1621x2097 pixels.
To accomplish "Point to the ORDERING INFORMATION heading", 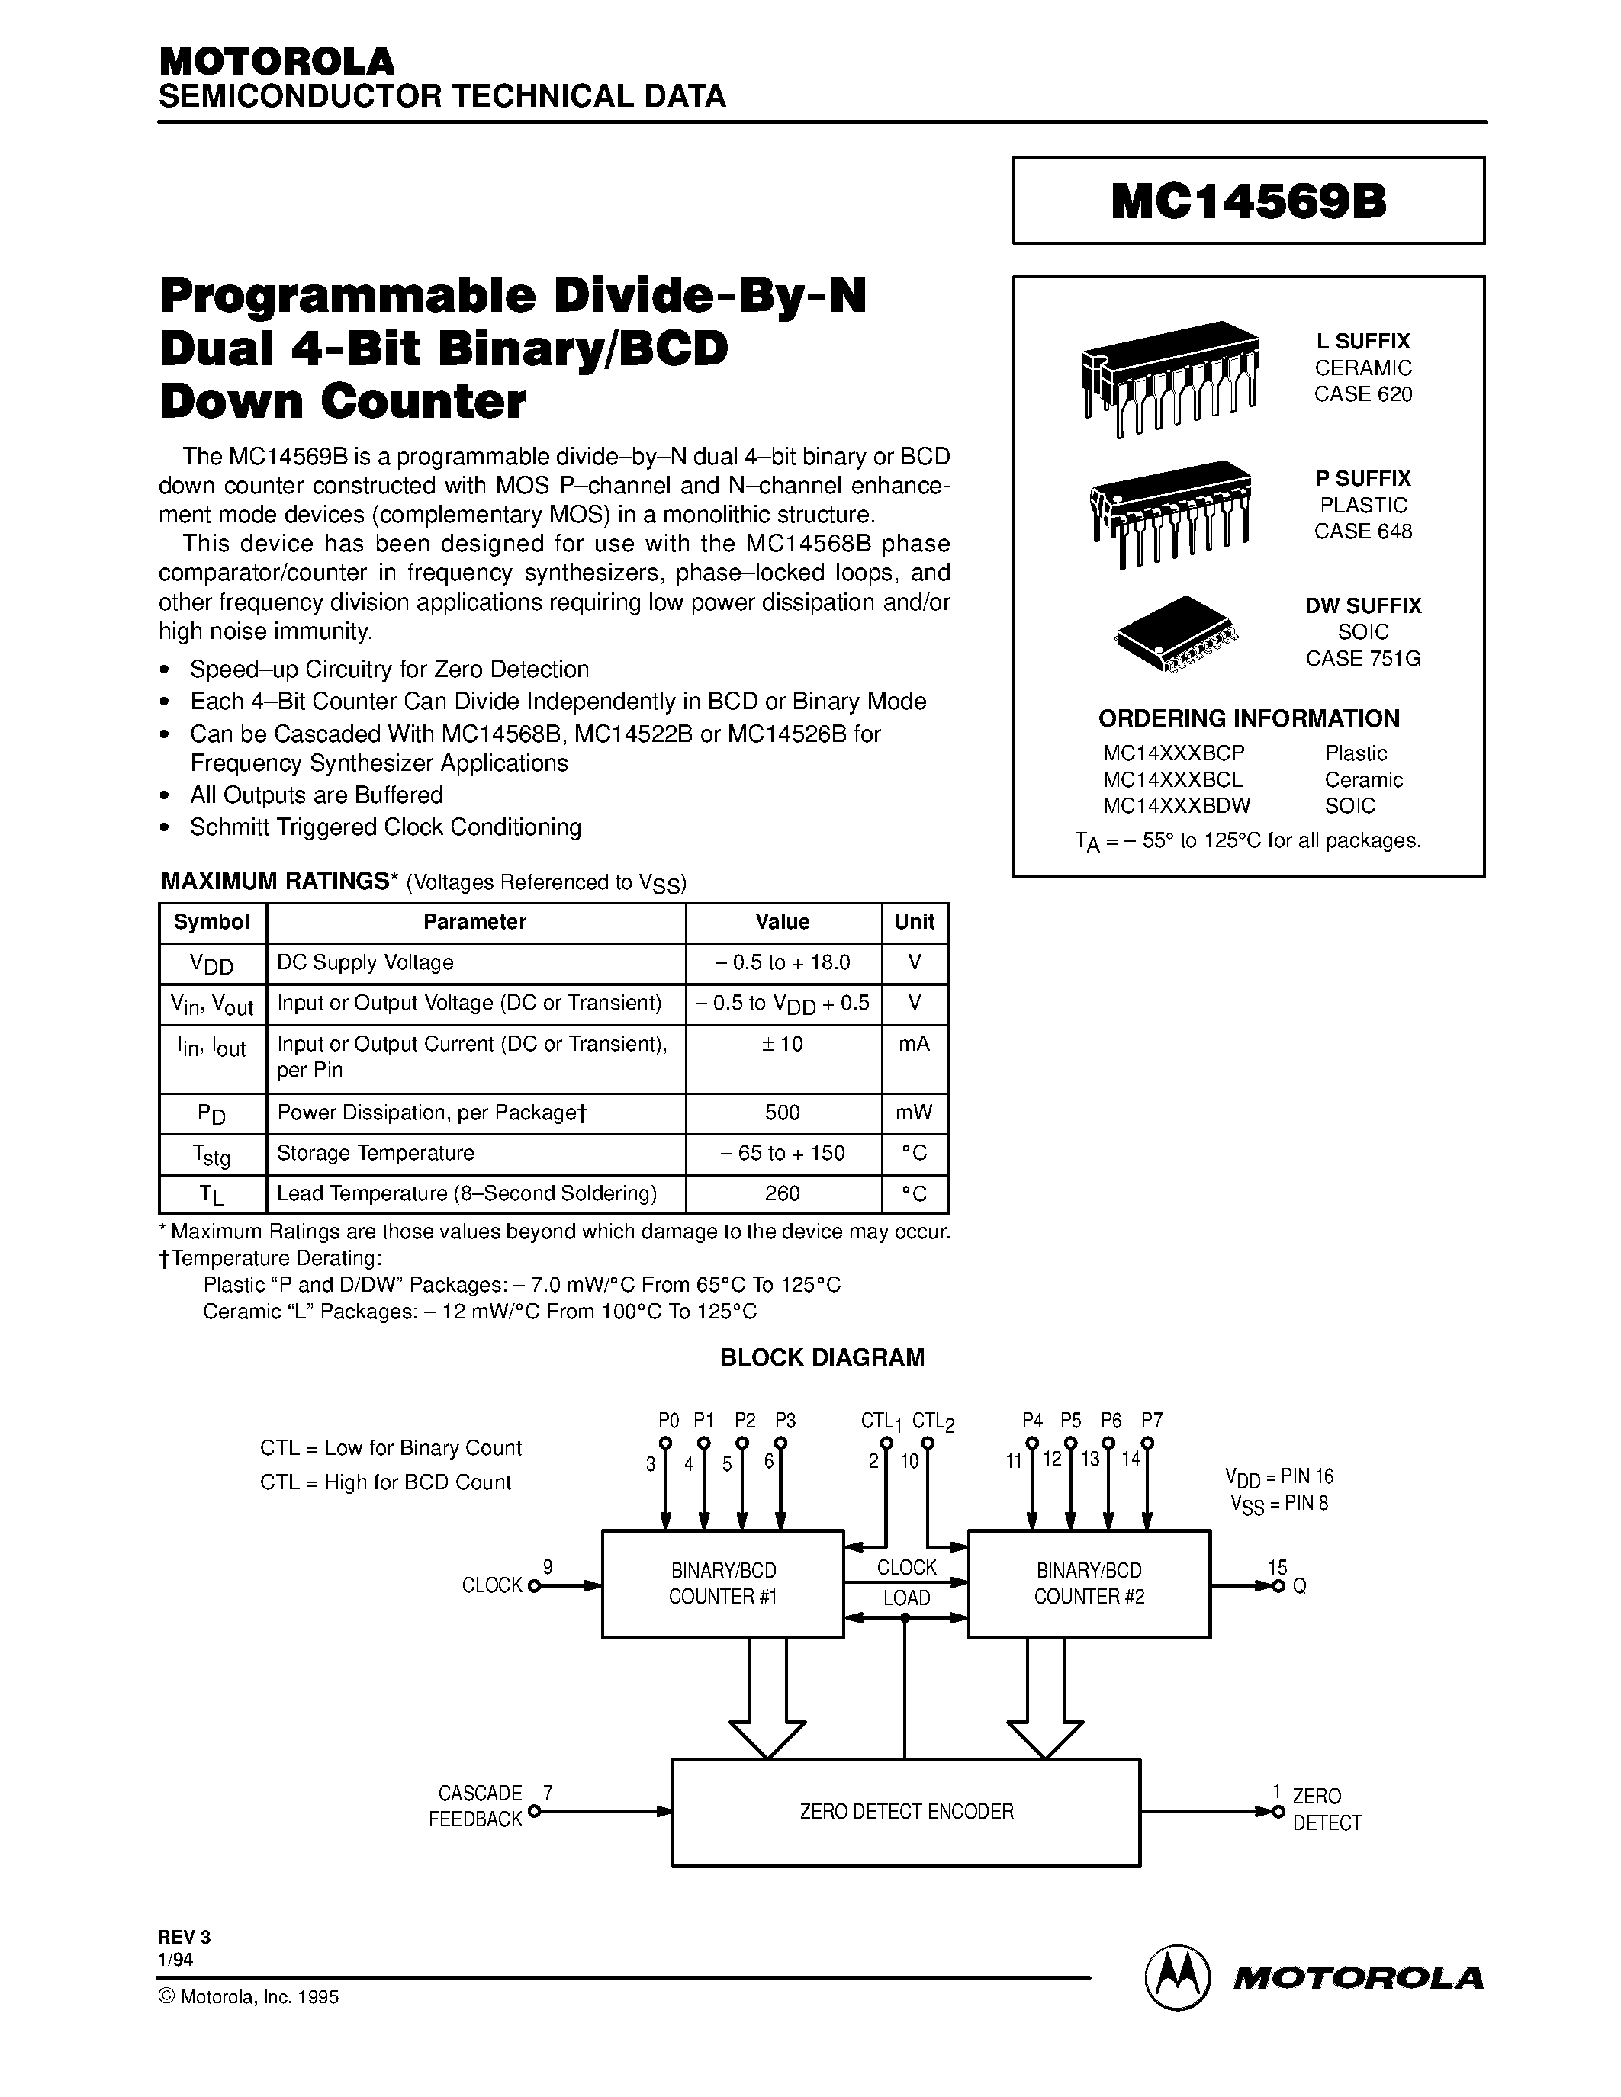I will click(1249, 718).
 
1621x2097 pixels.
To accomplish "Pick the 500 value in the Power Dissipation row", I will click(782, 1112).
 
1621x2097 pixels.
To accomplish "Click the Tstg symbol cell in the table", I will click(211, 1154).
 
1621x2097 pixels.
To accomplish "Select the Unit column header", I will click(913, 922).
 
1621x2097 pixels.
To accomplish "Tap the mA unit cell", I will click(913, 1044).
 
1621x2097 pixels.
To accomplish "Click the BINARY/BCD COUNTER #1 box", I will click(722, 1583).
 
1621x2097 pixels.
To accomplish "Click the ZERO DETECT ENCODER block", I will click(905, 1811).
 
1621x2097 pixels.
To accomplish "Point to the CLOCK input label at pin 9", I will click(492, 1585).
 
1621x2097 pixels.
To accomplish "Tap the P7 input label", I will click(1151, 1420).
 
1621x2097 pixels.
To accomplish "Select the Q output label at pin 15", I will click(1299, 1586).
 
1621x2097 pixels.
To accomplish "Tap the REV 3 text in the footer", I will click(185, 1938).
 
